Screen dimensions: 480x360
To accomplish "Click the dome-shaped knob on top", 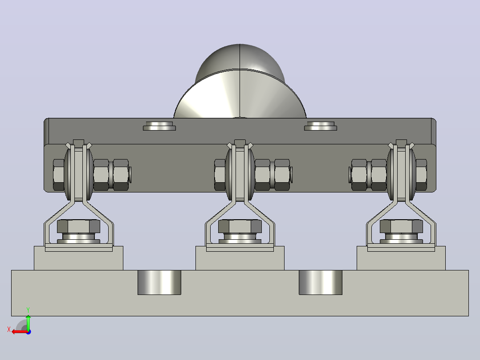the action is tap(240, 81).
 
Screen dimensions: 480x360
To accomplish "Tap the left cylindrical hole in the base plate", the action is tap(159, 282).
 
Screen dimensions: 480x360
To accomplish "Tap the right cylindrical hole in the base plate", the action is tap(321, 282).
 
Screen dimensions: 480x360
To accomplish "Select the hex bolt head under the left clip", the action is tap(79, 226).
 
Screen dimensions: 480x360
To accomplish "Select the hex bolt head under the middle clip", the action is tap(240, 226).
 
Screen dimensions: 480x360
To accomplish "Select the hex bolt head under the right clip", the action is tap(401, 226).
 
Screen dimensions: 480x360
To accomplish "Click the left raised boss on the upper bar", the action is tap(159, 126).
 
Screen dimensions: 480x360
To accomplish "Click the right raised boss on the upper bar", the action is tap(321, 126).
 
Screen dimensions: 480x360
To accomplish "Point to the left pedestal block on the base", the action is tap(79, 258).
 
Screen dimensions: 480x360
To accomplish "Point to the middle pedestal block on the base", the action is tap(240, 258).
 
